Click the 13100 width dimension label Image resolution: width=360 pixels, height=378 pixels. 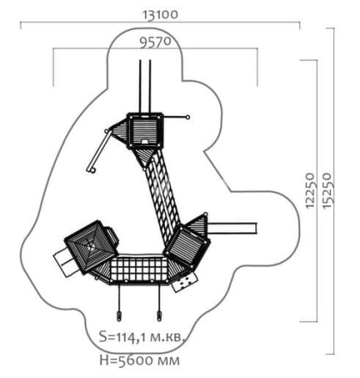tap(161, 15)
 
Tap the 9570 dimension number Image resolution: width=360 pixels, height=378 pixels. tap(156, 42)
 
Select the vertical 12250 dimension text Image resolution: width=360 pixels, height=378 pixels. tap(310, 191)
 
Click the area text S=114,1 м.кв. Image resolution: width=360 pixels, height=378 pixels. tap(142, 337)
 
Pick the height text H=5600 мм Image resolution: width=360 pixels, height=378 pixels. tap(140, 360)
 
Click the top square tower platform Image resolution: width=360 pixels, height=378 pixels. tap(145, 131)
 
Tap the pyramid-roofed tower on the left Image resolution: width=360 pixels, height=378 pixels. tap(91, 247)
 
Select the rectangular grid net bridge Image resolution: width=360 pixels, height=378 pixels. tap(138, 270)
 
